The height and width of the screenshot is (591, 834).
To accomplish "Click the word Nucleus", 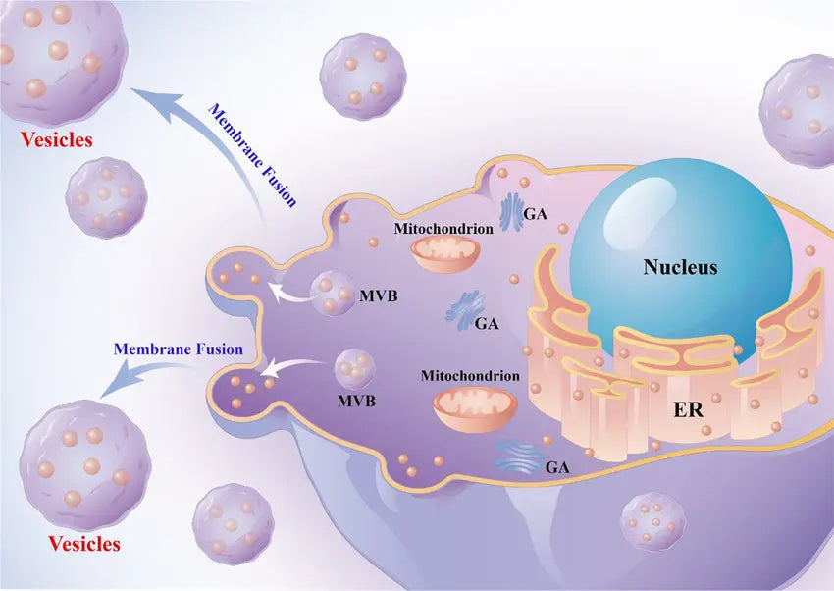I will tap(680, 267).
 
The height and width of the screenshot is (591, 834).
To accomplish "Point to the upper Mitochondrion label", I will tap(443, 228).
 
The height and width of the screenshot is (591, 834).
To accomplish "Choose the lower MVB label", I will tap(356, 402).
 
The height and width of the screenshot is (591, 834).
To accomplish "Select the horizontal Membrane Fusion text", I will tap(178, 349).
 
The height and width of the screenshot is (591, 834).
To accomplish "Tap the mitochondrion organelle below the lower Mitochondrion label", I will tap(475, 407).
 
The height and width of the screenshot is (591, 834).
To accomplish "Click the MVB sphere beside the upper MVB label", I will tap(332, 294).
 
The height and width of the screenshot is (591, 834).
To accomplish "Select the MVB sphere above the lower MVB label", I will tap(354, 369).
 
